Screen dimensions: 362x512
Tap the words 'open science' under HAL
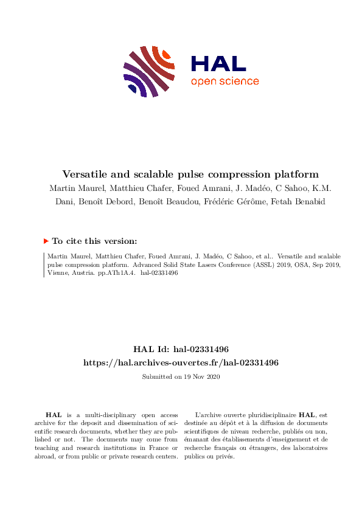coord(225,81)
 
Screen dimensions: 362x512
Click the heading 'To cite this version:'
coord(94,241)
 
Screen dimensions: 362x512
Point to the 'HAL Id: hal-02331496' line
coord(181,350)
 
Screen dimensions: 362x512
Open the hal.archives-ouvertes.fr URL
coord(181,362)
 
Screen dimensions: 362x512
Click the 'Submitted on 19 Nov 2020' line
coord(181,376)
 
